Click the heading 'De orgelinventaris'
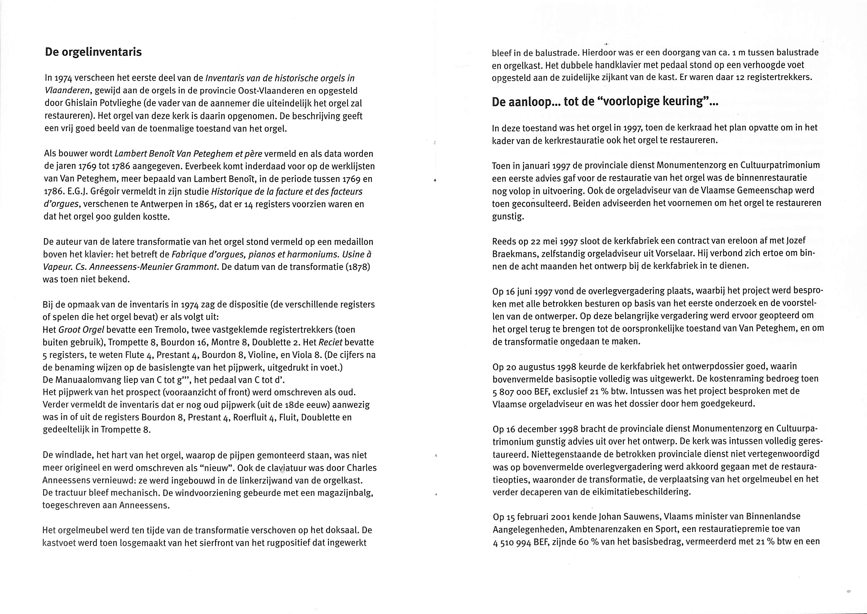tap(93, 52)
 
